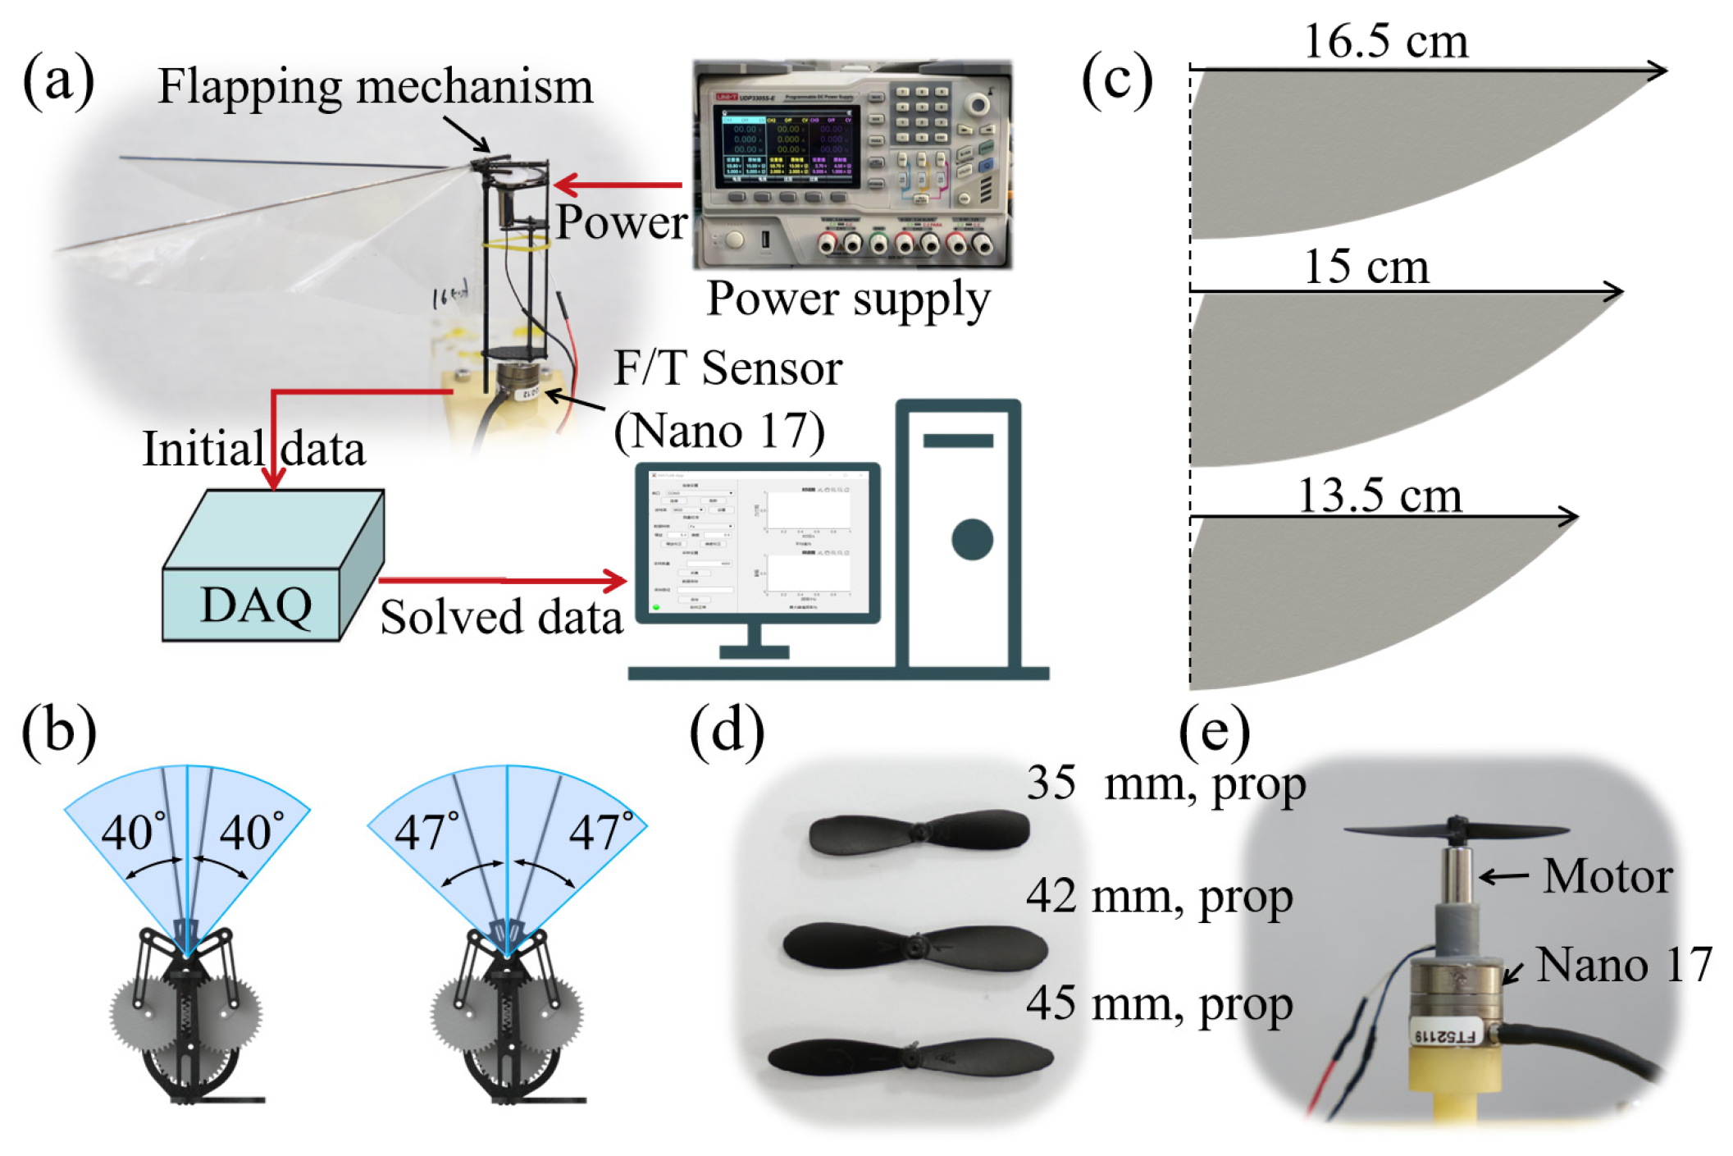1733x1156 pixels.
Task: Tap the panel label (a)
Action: pyautogui.click(x=58, y=80)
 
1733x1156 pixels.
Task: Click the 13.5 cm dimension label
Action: pyautogui.click(x=1380, y=496)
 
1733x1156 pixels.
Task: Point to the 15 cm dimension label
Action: pyautogui.click(x=1366, y=267)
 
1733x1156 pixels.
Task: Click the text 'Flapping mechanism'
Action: pyautogui.click(x=375, y=86)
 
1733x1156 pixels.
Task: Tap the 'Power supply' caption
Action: pyautogui.click(x=849, y=299)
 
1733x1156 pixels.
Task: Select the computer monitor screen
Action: pyautogui.click(x=757, y=543)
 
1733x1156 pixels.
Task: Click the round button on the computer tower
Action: pyautogui.click(x=972, y=540)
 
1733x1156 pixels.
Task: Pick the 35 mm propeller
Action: pyautogui.click(x=919, y=833)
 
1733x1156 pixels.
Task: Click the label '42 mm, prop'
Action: pyautogui.click(x=1159, y=897)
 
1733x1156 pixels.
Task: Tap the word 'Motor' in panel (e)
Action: pyautogui.click(x=1607, y=876)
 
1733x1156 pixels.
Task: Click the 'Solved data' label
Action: pyautogui.click(x=501, y=618)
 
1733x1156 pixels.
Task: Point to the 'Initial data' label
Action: pyautogui.click(x=253, y=450)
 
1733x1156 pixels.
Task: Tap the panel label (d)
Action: pyautogui.click(x=727, y=731)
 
